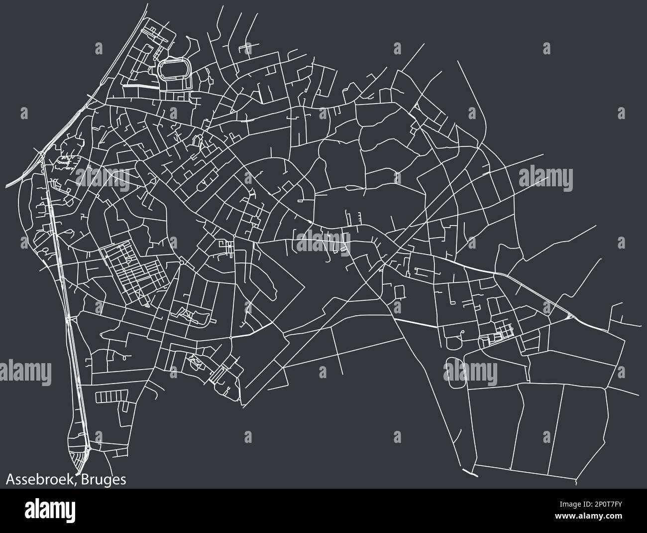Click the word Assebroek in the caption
[37, 480]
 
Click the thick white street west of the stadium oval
[140, 86]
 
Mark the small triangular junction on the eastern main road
[569, 316]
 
